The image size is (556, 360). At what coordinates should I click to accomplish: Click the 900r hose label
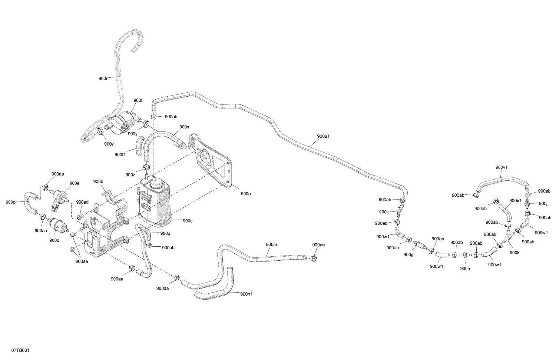click(x=103, y=79)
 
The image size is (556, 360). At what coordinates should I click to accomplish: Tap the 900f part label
click(x=138, y=100)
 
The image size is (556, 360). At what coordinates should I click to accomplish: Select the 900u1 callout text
click(x=323, y=136)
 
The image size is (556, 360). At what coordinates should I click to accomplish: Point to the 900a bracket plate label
click(x=246, y=194)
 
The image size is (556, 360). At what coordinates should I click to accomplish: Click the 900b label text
click(x=98, y=181)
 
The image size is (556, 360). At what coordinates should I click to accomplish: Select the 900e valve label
click(x=75, y=183)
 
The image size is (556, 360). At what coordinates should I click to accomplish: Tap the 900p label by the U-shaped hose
click(x=11, y=202)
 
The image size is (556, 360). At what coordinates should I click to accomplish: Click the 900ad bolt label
click(x=82, y=202)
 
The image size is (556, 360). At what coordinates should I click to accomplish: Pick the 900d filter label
click(x=54, y=240)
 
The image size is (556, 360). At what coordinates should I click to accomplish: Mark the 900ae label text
click(x=82, y=261)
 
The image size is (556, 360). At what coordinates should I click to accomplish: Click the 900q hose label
click(x=165, y=234)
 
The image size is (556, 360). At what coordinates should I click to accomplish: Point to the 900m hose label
click(x=271, y=244)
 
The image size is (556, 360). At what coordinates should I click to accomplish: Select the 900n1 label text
click(x=246, y=294)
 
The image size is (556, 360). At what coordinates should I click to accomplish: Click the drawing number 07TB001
click(x=20, y=350)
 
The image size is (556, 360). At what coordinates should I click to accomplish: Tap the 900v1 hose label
click(x=502, y=167)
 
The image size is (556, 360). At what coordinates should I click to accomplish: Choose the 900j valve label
click(x=543, y=203)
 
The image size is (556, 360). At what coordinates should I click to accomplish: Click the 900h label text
click(x=465, y=269)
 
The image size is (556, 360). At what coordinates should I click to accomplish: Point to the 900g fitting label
click(x=408, y=255)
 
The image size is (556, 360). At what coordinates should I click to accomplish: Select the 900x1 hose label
click(x=515, y=200)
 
